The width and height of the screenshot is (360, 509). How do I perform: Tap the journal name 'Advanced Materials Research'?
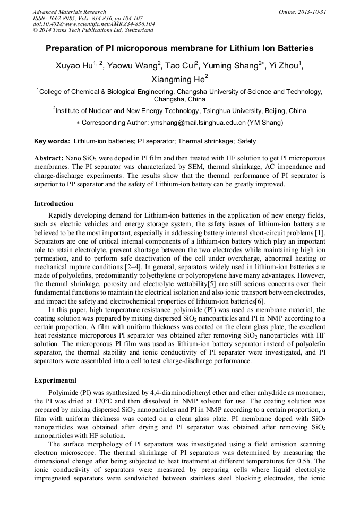coord(69,12)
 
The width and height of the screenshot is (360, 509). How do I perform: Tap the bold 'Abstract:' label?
coord(48,159)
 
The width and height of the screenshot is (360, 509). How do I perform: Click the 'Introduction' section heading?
coord(54,204)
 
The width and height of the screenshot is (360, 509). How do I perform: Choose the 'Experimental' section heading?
coord(55,381)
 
